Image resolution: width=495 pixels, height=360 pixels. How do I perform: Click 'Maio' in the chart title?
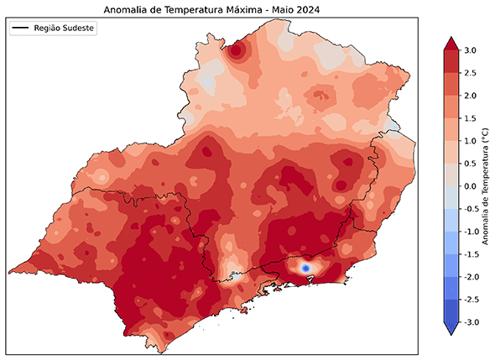pos(282,10)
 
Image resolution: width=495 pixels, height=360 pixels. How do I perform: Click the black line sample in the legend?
pos(21,29)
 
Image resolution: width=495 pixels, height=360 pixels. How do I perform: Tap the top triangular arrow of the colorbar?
pos(450,44)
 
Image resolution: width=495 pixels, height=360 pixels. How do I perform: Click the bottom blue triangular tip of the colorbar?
pos(450,329)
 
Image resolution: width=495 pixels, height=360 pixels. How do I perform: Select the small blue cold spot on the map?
pos(306,267)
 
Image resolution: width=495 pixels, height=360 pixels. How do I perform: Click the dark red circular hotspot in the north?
pos(237,51)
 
